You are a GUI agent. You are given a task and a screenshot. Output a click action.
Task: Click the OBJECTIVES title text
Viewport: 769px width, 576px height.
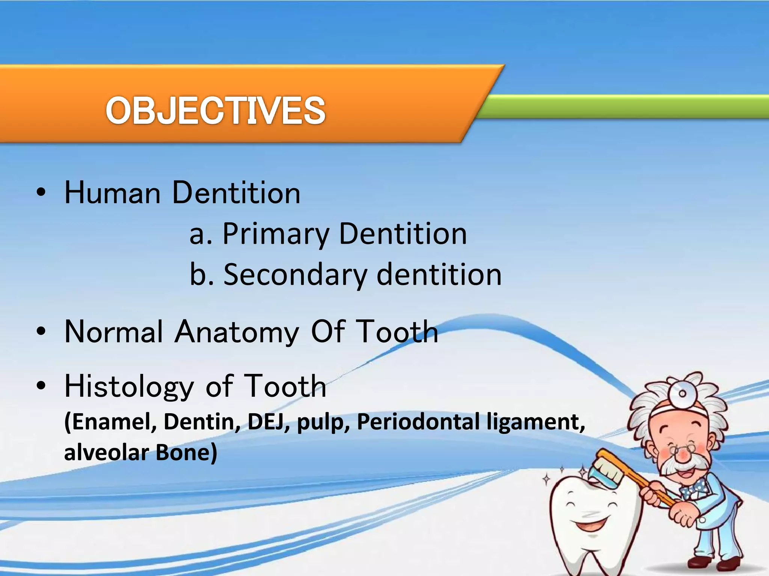point(216,111)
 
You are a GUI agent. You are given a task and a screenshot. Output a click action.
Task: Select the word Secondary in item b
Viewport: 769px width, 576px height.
point(295,275)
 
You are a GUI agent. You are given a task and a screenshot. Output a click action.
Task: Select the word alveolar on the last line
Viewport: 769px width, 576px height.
point(106,453)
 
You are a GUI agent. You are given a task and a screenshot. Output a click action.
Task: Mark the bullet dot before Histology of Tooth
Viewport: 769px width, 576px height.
point(41,386)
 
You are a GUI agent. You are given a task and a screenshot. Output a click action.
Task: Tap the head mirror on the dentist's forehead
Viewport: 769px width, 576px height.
point(682,394)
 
